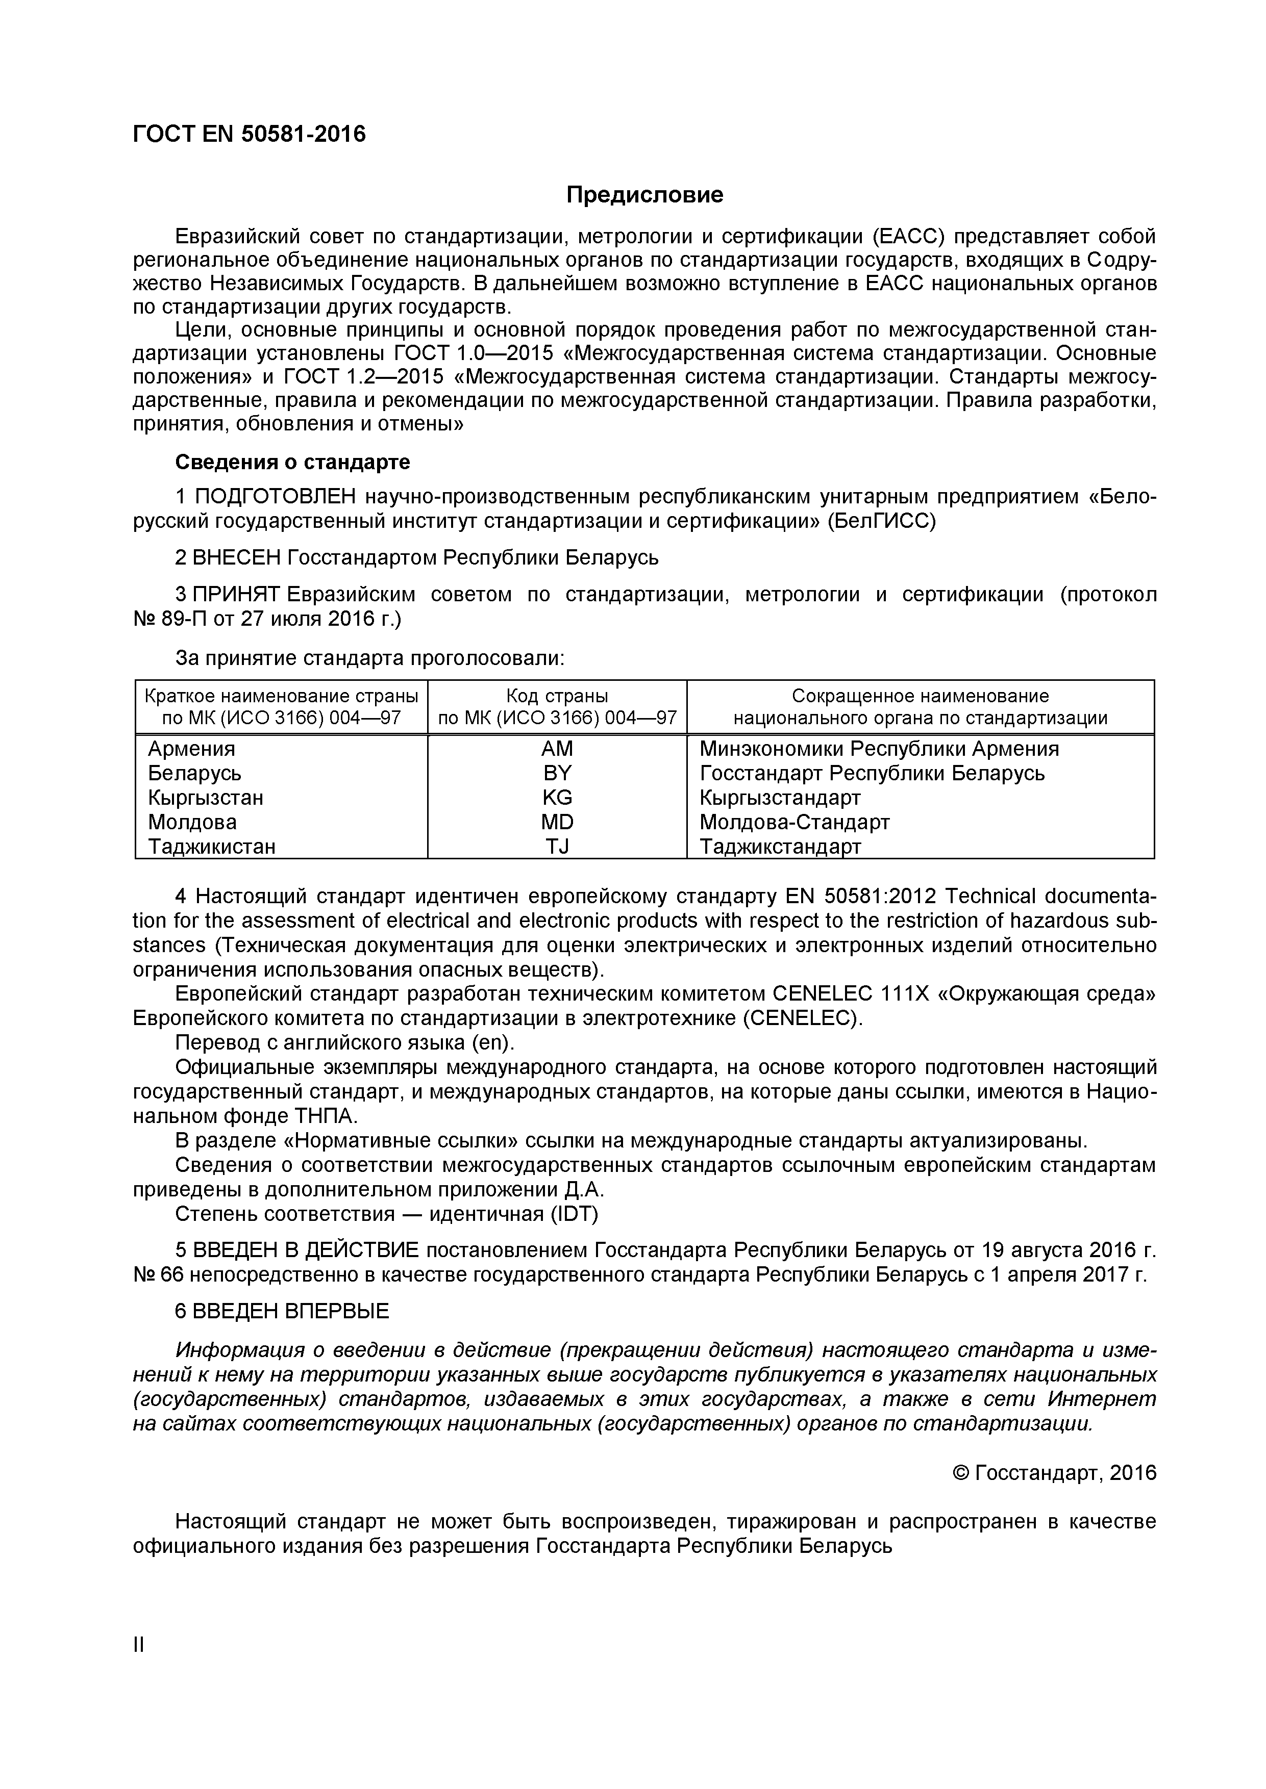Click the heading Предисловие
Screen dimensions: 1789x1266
[x=644, y=195]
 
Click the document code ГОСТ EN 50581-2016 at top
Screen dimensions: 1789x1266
[x=249, y=135]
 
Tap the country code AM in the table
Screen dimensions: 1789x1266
[x=557, y=749]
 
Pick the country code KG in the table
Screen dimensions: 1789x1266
[x=557, y=797]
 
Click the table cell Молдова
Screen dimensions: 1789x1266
[x=192, y=822]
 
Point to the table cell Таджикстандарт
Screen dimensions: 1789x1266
[x=780, y=846]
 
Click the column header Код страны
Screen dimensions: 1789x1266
[x=557, y=696]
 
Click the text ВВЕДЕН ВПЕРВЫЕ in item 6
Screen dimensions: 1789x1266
[x=290, y=1311]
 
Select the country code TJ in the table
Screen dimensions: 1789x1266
[x=557, y=846]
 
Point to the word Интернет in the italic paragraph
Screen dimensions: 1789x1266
[x=1102, y=1399]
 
